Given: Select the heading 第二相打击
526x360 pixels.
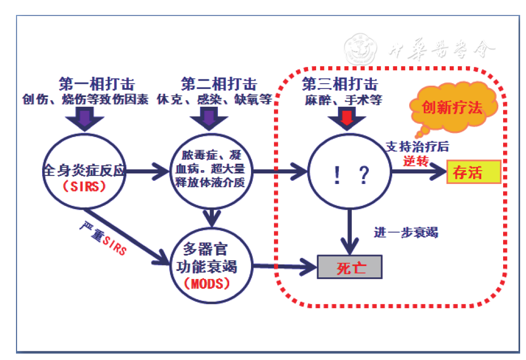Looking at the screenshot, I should click(x=219, y=84).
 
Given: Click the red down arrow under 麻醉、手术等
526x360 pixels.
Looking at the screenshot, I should click(x=346, y=118).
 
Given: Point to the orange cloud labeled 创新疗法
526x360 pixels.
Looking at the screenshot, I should click(x=452, y=109).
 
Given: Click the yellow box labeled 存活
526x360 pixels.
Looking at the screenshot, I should click(x=473, y=172).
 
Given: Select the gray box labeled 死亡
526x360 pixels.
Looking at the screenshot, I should click(x=350, y=267).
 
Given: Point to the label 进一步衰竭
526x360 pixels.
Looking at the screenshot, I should click(x=406, y=233).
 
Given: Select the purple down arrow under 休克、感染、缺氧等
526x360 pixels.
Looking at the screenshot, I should click(x=209, y=118).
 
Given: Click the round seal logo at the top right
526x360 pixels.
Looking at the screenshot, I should click(x=361, y=50).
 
